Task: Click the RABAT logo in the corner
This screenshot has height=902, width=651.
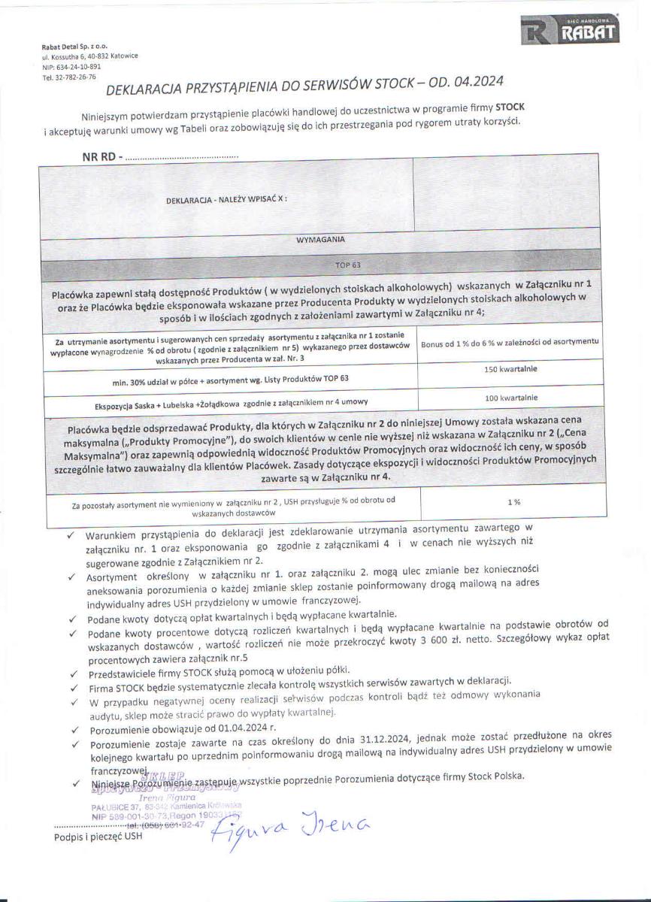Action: point(569,30)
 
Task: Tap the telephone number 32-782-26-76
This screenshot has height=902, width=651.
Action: point(69,76)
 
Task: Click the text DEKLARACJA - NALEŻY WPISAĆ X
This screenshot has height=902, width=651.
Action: point(226,200)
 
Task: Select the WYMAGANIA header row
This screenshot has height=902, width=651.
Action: point(321,239)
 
